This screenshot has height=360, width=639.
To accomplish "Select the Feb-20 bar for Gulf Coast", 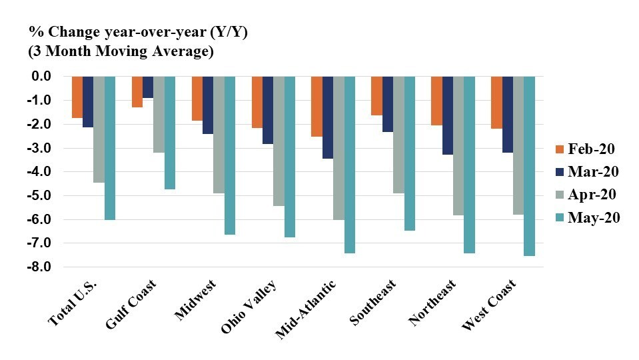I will click(137, 91).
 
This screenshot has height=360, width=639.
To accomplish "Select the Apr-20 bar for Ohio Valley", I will click(279, 141).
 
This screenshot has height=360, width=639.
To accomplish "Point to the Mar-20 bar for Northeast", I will click(448, 115).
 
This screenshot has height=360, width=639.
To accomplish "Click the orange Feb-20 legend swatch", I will click(560, 149).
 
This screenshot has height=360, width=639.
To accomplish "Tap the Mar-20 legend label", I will click(593, 171).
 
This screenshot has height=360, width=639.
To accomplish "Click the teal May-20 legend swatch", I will click(560, 218).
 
